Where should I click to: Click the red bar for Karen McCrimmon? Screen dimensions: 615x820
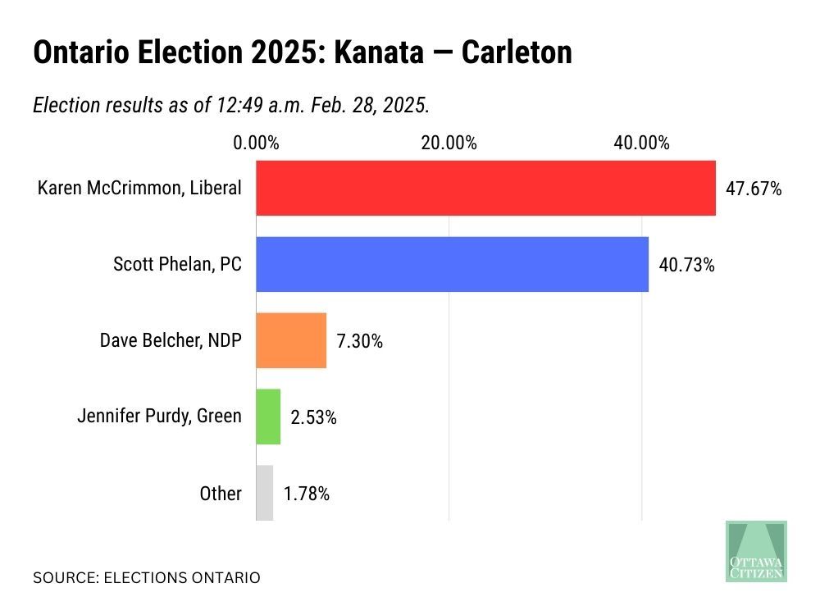[485, 188]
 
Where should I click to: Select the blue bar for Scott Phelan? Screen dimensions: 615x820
[452, 264]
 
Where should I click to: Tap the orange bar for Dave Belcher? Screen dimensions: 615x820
[291, 340]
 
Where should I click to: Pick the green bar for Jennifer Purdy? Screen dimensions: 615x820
[268, 417]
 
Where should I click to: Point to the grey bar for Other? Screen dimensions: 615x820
[264, 493]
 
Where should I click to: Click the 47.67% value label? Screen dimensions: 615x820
[754, 189]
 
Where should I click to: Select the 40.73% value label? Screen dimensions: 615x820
[686, 265]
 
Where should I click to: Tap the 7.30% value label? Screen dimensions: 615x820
[359, 341]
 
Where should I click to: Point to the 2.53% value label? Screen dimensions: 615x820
[313, 417]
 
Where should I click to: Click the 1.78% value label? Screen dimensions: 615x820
[307, 494]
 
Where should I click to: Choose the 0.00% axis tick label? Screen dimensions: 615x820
[256, 143]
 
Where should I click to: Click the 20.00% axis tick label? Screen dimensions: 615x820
[449, 143]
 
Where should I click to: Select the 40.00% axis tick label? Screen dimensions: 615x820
[641, 143]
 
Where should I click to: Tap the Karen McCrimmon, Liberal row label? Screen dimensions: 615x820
[139, 188]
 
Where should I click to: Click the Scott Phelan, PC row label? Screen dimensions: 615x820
[177, 264]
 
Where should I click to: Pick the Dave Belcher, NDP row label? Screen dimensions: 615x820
[171, 340]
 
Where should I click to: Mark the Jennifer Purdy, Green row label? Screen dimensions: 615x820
[159, 417]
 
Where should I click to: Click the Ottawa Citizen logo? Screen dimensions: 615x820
[756, 551]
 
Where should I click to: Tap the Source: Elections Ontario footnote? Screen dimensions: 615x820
[146, 578]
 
